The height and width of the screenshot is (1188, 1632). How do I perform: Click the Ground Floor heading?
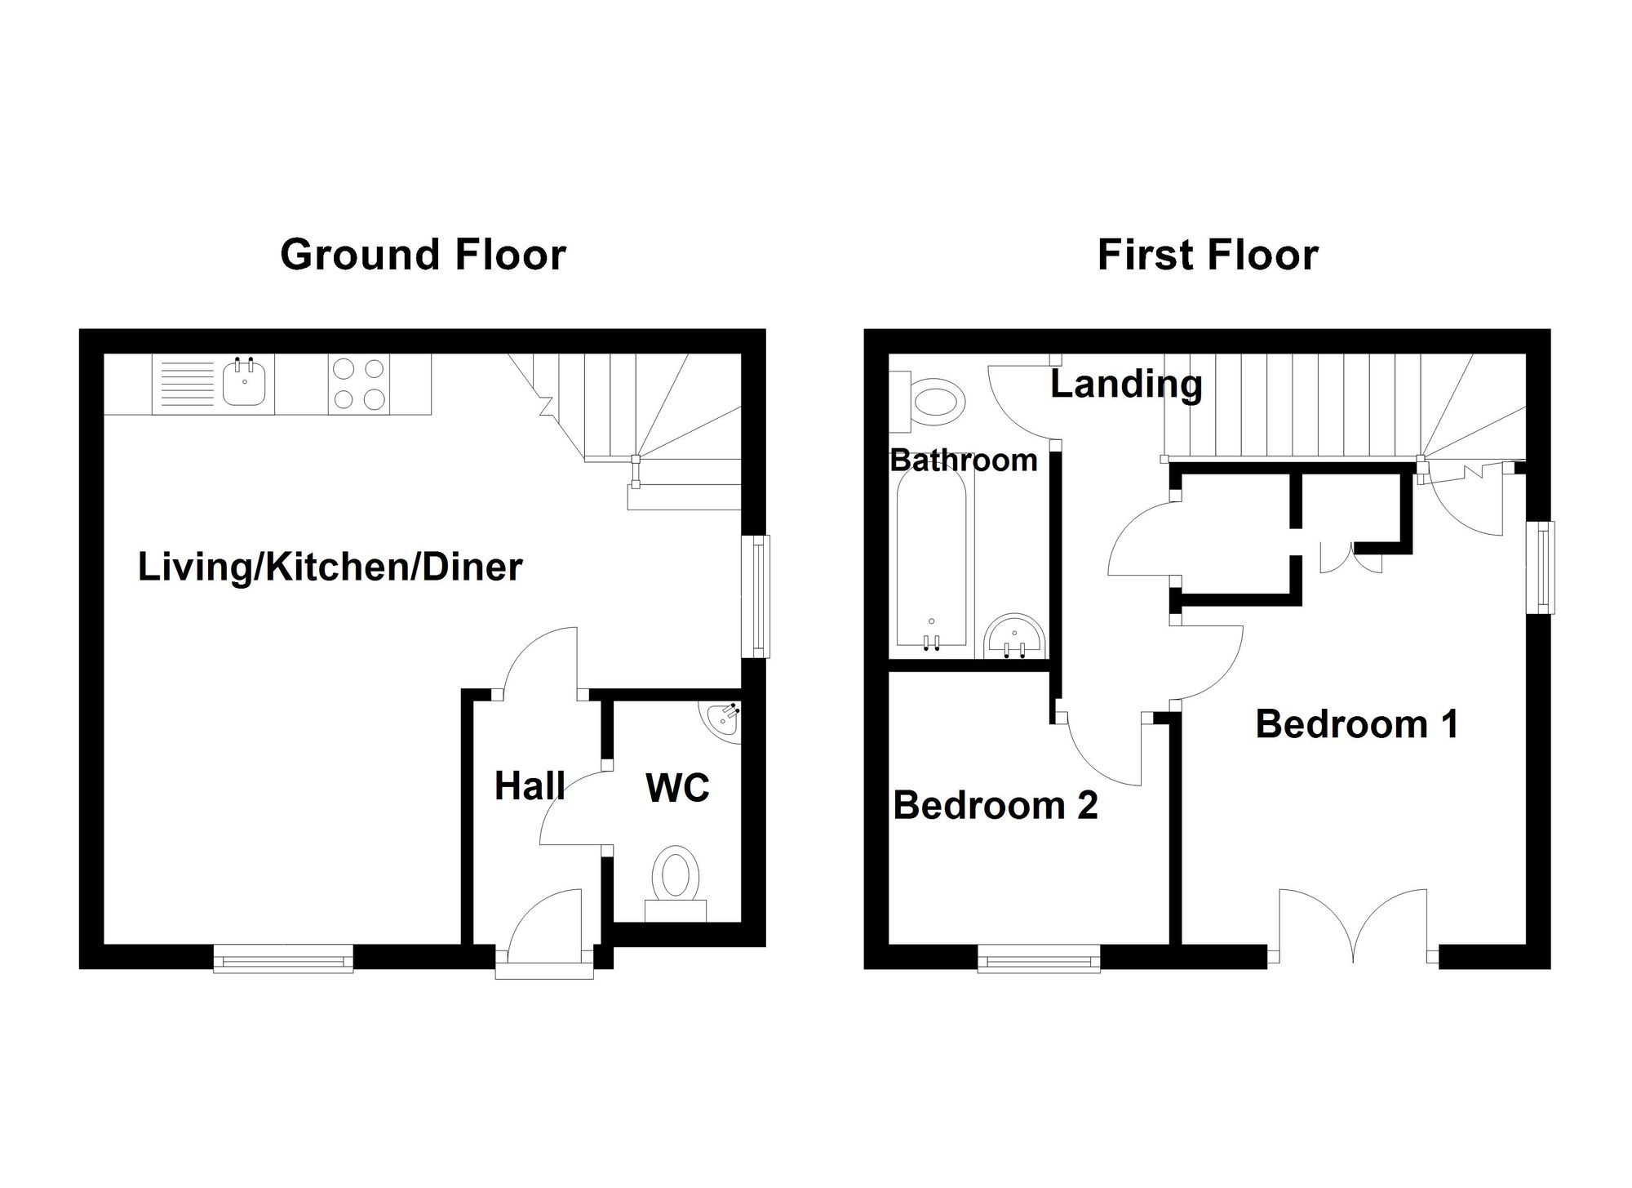coord(423,255)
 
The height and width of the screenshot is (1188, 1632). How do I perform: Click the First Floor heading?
coord(1208,255)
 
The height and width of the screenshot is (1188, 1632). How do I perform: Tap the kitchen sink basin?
coord(244,384)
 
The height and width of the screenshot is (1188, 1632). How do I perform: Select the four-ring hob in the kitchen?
coord(359,384)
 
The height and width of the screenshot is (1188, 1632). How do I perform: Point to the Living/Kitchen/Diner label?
coord(330,567)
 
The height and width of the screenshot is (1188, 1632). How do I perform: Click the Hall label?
coord(530,785)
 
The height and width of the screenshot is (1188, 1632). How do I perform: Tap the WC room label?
coord(677,787)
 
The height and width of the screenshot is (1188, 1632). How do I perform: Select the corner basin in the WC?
coord(721,722)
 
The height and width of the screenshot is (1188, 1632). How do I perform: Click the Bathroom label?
coord(964,460)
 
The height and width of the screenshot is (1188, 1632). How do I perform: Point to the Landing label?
coord(1126,385)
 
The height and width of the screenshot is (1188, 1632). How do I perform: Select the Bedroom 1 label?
coord(1356,723)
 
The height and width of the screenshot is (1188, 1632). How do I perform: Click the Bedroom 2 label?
coord(996,805)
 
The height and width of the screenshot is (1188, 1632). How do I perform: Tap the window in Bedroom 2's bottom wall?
coord(1039,959)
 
